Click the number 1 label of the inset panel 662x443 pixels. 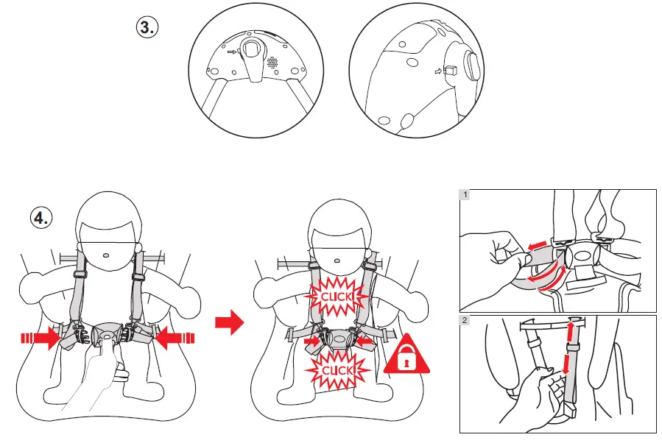pos(465,195)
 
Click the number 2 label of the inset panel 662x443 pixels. pos(465,320)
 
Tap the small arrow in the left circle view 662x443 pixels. pos(232,52)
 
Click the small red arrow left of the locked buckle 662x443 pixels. pos(314,341)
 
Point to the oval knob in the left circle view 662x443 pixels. pos(253,51)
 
